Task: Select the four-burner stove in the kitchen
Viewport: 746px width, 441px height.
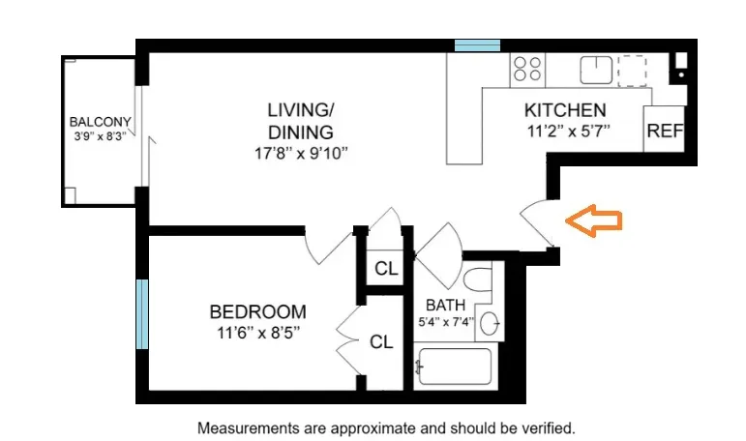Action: click(528, 68)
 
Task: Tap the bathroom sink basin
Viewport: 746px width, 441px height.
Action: click(491, 323)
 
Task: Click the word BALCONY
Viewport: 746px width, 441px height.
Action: click(100, 123)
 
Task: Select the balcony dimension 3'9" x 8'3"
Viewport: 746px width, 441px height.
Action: click(101, 136)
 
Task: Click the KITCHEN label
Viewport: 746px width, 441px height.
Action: click(565, 110)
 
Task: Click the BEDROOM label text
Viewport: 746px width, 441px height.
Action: click(257, 312)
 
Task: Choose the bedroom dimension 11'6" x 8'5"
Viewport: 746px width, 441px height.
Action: click(257, 332)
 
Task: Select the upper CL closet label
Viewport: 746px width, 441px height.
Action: click(386, 269)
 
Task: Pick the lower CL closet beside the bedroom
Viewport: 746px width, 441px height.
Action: click(381, 341)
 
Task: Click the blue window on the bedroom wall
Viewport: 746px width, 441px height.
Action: click(142, 314)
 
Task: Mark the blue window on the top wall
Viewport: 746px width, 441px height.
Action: click(477, 44)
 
